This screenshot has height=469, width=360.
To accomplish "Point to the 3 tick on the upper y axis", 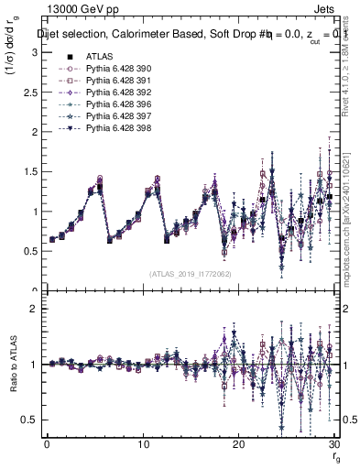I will pyautogui.click(x=37, y=52).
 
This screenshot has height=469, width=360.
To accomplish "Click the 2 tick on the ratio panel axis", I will pyautogui.click(x=37, y=309).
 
